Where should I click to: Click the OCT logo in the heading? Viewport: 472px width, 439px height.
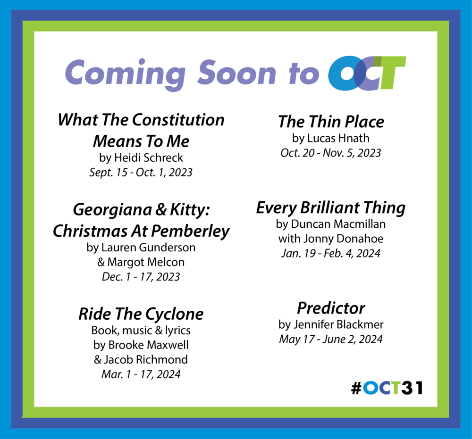367,73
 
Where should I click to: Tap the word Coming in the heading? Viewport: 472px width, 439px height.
125,74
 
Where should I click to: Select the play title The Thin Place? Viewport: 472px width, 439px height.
331,122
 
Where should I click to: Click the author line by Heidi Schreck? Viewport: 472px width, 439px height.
141,157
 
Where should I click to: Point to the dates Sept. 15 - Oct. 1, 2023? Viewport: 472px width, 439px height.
141,172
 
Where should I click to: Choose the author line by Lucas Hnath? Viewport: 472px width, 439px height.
331,138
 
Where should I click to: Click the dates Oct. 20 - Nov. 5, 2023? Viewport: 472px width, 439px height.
331,153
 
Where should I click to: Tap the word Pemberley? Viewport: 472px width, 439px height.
190,231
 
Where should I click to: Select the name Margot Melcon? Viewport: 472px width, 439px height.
146,262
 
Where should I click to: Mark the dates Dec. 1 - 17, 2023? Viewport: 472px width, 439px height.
141,277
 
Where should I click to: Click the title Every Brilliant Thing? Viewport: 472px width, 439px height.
331,208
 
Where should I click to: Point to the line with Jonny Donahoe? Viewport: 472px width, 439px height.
331,239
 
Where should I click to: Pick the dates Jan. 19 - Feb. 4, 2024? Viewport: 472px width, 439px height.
331,254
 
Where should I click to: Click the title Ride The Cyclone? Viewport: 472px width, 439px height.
141,314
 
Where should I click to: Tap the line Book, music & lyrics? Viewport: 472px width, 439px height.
141,330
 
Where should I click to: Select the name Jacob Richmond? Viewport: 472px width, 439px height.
146,360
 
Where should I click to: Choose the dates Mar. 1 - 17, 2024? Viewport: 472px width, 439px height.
141,374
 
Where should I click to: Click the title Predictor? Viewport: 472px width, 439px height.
331,308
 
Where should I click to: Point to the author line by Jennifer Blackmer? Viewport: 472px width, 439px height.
331,324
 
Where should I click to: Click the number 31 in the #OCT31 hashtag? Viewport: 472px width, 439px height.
412,388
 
